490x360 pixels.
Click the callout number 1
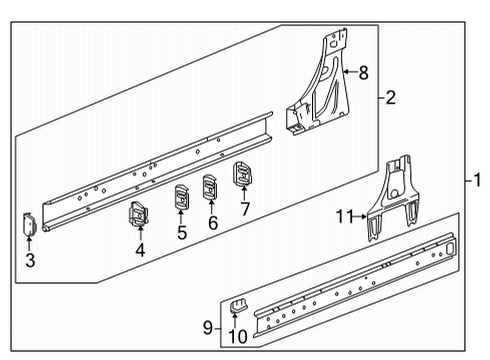[477, 181]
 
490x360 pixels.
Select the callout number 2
[391, 97]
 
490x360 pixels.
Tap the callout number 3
[30, 261]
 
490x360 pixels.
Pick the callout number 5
[182, 233]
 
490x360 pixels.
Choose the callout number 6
[212, 223]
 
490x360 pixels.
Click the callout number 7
[245, 210]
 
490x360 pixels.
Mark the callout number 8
[363, 72]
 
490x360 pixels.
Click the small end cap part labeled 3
[29, 224]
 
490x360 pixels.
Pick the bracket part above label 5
[181, 197]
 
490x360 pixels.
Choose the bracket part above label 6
[211, 187]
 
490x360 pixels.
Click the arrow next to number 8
[348, 72]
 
